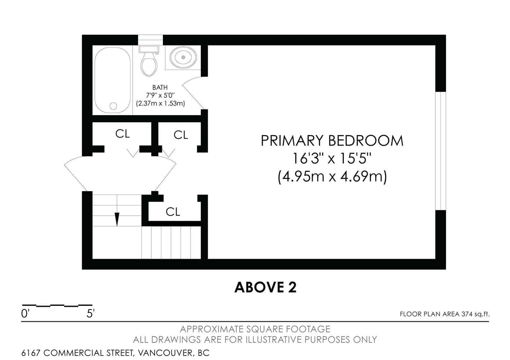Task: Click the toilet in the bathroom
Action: tap(149, 61)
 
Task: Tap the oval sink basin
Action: tap(183, 57)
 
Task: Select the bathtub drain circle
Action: tap(113, 106)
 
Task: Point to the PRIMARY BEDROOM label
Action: tap(332, 140)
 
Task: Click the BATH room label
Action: tap(160, 87)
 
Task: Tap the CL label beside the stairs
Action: tap(173, 212)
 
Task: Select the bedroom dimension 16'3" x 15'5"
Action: tap(332, 158)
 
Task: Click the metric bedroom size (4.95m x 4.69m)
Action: tap(332, 177)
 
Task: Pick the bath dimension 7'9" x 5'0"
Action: tap(160, 95)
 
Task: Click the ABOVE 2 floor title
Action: tap(266, 287)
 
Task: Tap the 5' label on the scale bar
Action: tap(91, 313)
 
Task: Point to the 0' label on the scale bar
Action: tap(25, 313)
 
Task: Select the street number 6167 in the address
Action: tap(31, 353)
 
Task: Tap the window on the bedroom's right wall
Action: tap(441, 151)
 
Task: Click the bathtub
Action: tap(113, 80)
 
